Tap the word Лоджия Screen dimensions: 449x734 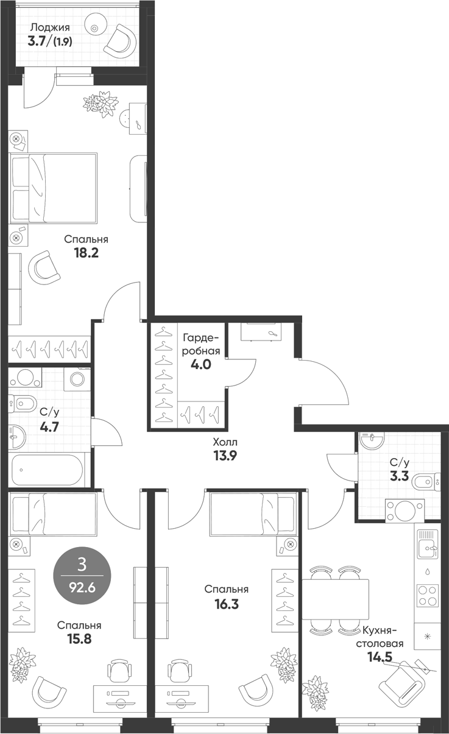click(x=50, y=28)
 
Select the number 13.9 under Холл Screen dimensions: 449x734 click(x=225, y=456)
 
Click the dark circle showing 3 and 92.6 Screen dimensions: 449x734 click(x=82, y=575)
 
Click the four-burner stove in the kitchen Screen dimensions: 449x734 click(x=428, y=596)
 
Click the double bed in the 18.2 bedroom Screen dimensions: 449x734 click(x=54, y=188)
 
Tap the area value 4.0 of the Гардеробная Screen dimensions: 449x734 click(x=201, y=364)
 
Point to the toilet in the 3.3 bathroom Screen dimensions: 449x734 click(x=426, y=482)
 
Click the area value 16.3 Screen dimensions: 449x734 click(x=227, y=604)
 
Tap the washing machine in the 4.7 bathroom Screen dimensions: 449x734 click(x=77, y=379)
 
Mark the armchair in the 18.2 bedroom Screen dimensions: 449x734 click(x=44, y=268)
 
